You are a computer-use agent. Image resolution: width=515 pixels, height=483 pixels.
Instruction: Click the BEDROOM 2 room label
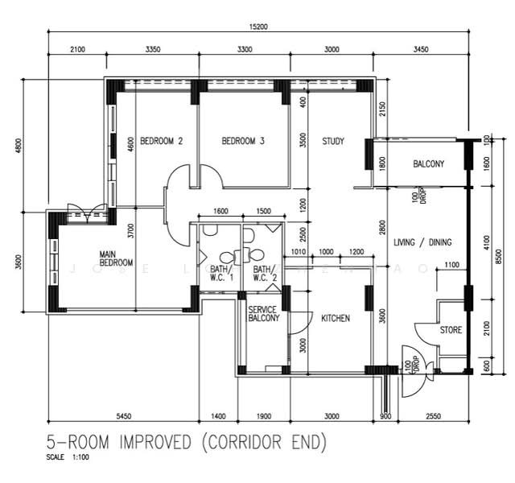(162, 141)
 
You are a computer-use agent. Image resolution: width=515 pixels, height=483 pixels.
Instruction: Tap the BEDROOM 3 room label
(243, 141)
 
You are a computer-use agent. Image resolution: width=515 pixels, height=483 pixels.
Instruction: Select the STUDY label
(333, 141)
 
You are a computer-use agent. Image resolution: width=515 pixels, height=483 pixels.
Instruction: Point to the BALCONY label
(428, 164)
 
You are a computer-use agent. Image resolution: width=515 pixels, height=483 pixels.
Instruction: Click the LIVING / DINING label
(422, 242)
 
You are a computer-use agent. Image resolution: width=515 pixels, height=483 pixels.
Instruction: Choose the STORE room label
(451, 330)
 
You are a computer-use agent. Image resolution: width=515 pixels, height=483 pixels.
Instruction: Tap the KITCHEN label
(336, 319)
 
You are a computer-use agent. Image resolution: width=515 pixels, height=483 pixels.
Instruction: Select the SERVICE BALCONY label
(263, 314)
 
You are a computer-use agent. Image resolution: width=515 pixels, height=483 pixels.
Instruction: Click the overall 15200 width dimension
(257, 27)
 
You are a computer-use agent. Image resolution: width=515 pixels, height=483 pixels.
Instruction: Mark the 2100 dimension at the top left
(77, 49)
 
